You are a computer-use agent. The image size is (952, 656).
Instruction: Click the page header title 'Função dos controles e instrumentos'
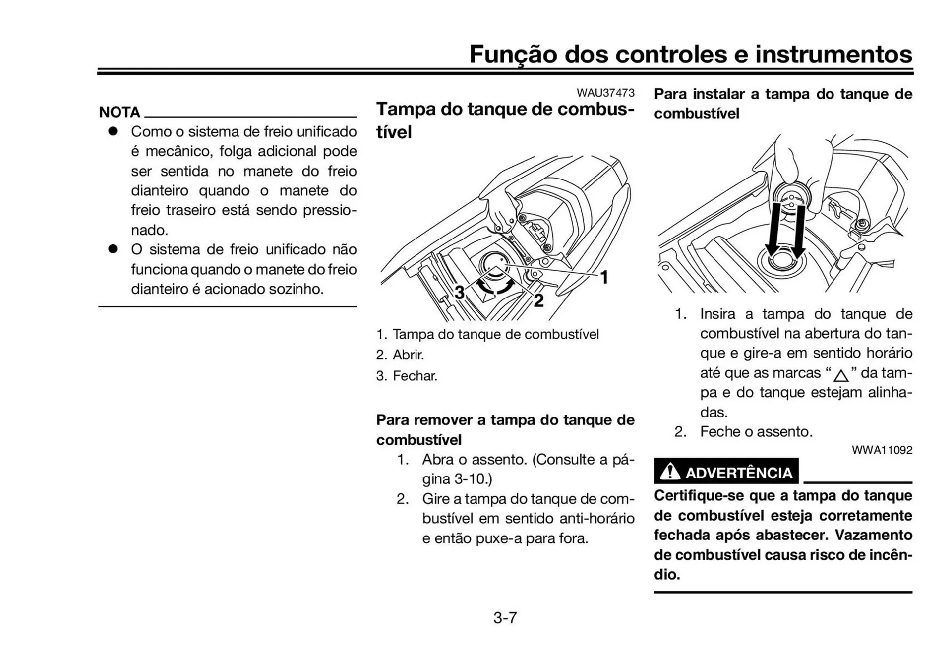(690, 54)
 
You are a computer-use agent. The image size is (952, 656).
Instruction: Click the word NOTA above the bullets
(119, 112)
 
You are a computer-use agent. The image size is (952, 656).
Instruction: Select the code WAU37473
(605, 93)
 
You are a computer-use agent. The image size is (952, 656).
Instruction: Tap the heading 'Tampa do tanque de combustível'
(505, 119)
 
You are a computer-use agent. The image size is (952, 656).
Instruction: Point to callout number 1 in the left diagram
(604, 277)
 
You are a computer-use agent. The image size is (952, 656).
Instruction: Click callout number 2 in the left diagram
(538, 300)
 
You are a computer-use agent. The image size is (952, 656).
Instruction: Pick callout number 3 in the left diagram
(460, 293)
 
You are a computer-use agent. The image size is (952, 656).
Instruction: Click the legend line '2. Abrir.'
(400, 355)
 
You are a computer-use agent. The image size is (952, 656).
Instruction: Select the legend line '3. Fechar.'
(407, 376)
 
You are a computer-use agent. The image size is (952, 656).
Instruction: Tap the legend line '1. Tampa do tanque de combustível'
(487, 334)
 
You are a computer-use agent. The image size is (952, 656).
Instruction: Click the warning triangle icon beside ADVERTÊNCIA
(670, 471)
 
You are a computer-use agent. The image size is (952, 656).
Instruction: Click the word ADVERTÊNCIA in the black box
(738, 473)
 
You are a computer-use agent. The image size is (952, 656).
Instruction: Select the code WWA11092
(882, 450)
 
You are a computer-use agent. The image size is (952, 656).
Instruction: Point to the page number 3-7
(505, 618)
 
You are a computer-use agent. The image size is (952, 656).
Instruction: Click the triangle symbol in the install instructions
(840, 375)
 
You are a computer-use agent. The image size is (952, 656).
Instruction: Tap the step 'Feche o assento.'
(756, 431)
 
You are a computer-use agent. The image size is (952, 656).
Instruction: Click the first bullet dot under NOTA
(113, 131)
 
